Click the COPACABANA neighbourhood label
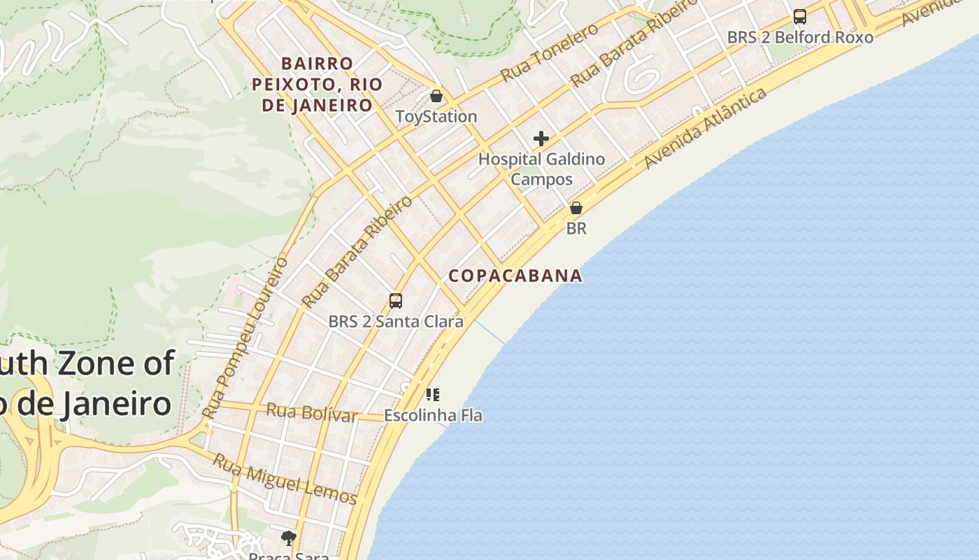pos(515,276)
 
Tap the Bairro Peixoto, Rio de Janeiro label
pos(317,85)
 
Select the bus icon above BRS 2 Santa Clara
pos(396,301)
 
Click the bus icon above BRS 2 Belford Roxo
pos(800,17)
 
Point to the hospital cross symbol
pos(541,139)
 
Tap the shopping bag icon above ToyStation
pos(436,96)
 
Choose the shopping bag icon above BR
pos(576,208)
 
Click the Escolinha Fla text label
pos(433,415)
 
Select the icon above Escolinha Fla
pos(433,395)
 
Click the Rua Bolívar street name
pos(312,412)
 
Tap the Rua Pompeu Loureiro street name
pos(245,338)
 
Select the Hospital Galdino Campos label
pos(541,169)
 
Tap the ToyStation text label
pos(436,116)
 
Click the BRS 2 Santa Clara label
pos(396,322)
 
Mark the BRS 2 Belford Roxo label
pos(800,37)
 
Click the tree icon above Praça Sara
pos(288,538)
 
